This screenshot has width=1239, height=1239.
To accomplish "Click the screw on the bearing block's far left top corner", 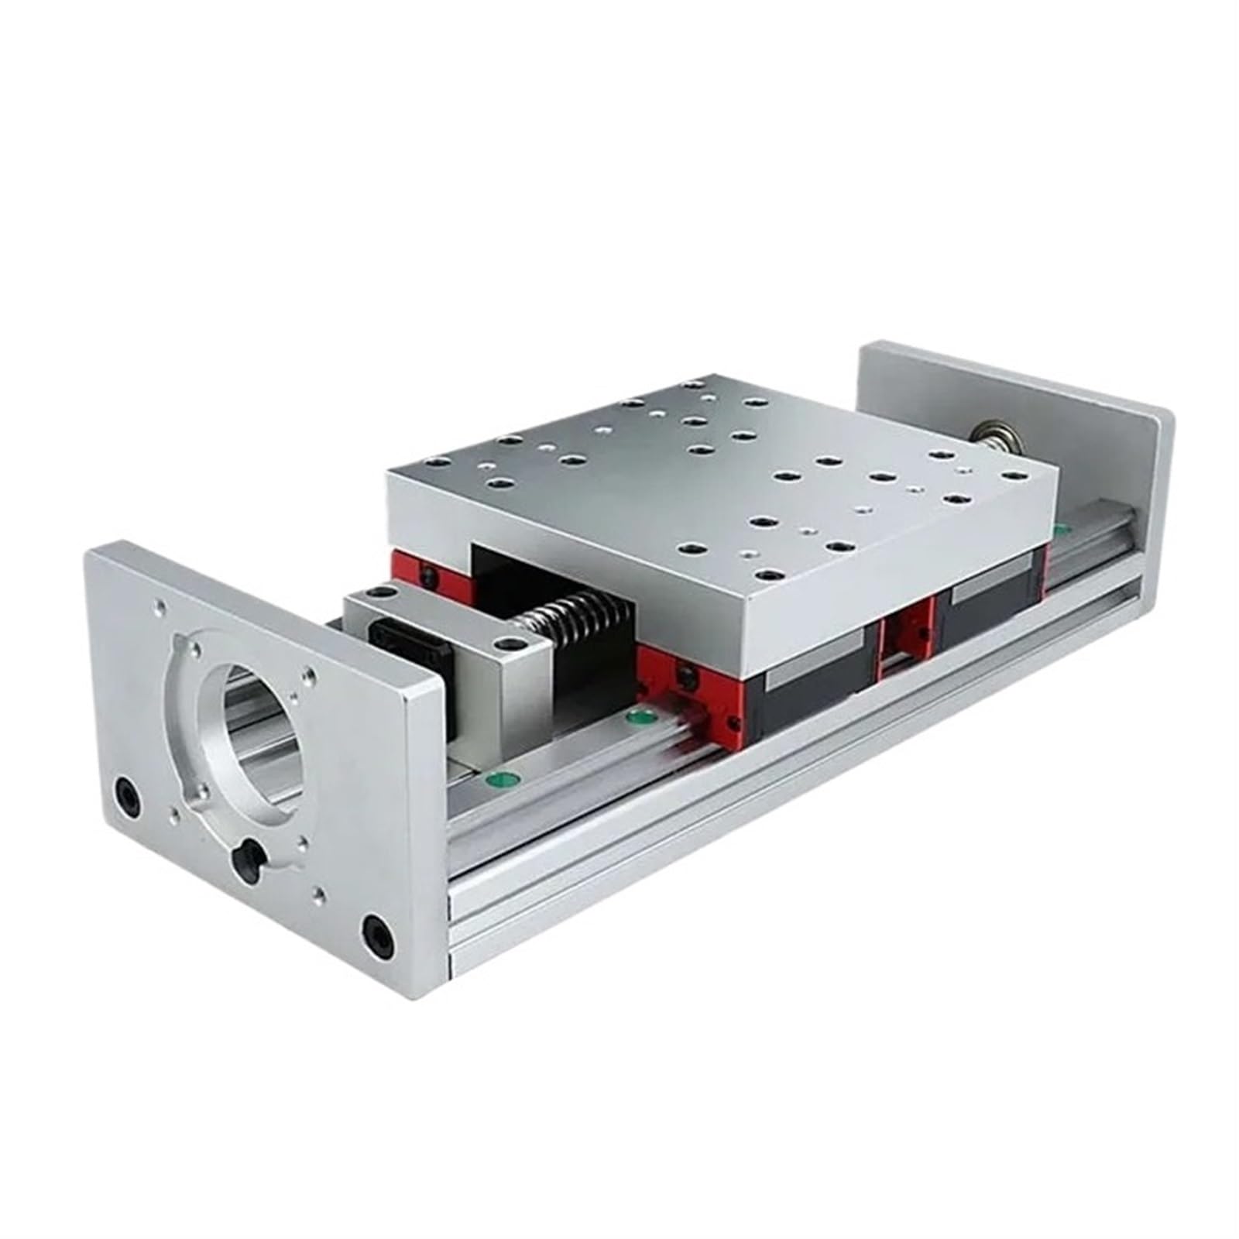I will [379, 593].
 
